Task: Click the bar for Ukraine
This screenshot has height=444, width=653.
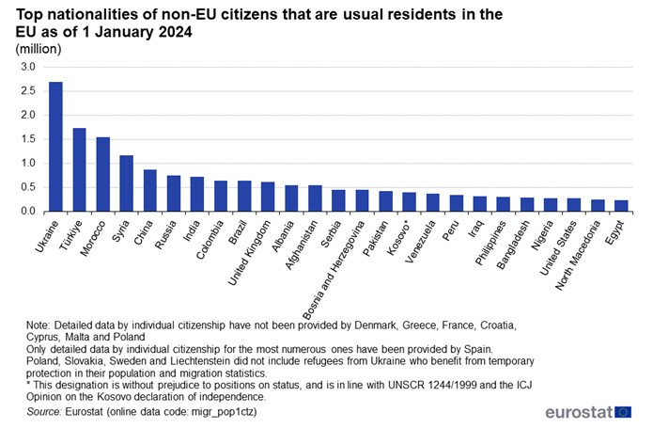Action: (x=55, y=147)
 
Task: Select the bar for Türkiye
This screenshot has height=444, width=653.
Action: (x=79, y=169)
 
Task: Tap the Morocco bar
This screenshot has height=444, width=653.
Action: (x=102, y=174)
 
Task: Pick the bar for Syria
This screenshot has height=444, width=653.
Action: (x=126, y=183)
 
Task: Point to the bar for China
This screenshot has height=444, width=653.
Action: (x=149, y=190)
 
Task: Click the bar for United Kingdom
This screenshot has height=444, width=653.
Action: (x=268, y=197)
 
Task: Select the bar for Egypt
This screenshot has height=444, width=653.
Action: (x=622, y=205)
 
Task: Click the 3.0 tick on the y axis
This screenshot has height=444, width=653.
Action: (x=26, y=67)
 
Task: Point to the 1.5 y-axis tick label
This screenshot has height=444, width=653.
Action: (x=26, y=139)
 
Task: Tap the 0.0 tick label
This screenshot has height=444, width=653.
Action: (x=26, y=212)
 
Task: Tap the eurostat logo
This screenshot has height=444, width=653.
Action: (x=588, y=412)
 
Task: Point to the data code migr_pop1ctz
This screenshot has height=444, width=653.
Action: (x=223, y=412)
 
